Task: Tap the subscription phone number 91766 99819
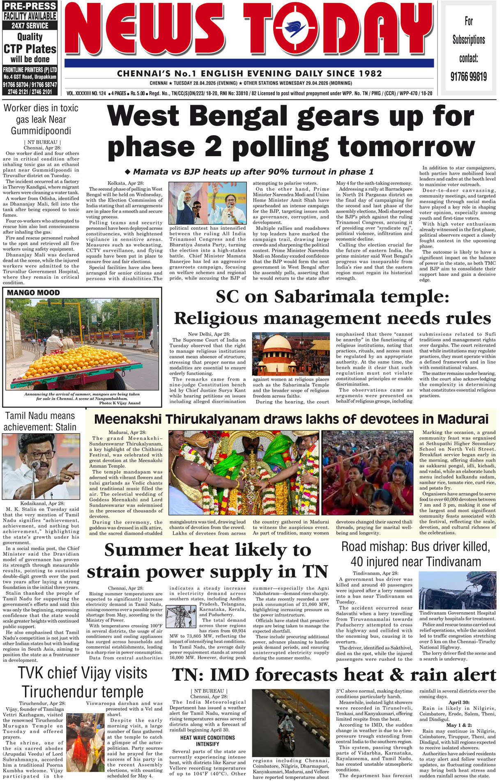click(x=469, y=76)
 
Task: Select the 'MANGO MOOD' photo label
click(x=33, y=293)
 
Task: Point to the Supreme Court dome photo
click(x=291, y=354)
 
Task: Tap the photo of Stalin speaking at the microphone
click(x=41, y=466)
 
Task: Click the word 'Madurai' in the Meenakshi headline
click(x=463, y=419)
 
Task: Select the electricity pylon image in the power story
click(x=181, y=616)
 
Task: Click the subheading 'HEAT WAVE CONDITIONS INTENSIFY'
click(x=207, y=741)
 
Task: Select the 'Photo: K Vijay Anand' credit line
click(x=120, y=403)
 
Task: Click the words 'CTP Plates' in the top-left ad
click(x=30, y=49)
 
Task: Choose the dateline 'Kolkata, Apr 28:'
click(x=126, y=183)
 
